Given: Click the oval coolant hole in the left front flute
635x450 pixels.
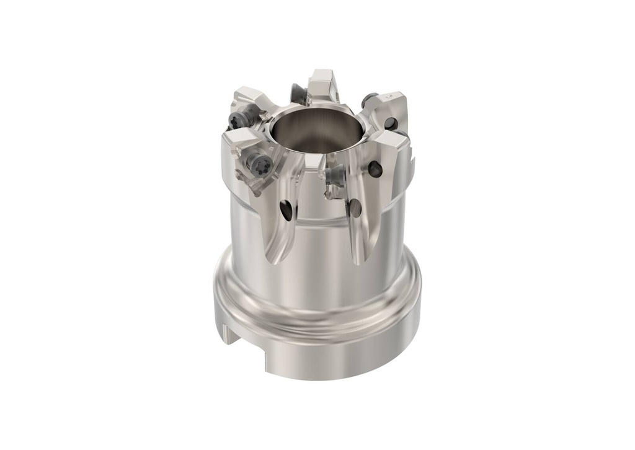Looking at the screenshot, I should [286, 211].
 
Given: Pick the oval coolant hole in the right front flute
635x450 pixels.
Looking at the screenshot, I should [355, 208].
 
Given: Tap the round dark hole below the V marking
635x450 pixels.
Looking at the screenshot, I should [390, 124].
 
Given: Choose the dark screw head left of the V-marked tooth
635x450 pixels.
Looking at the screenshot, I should [370, 97].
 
